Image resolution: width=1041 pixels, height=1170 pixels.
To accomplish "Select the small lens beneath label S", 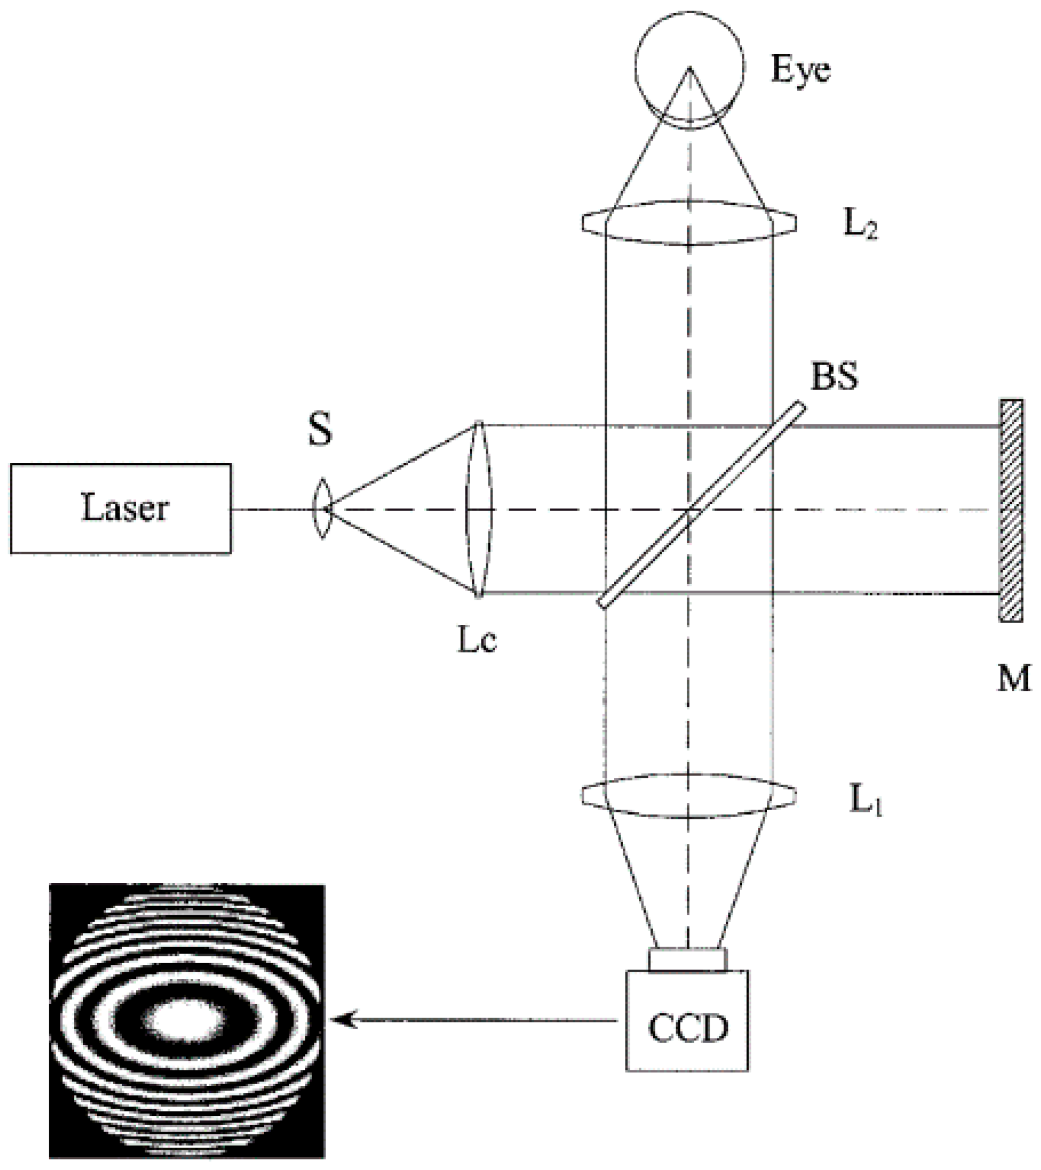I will [x=321, y=508].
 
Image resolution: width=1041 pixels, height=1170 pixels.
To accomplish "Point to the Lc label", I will [x=478, y=641].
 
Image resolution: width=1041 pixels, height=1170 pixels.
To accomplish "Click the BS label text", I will [x=835, y=377].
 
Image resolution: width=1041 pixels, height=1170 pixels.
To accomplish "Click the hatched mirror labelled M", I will [x=1011, y=509].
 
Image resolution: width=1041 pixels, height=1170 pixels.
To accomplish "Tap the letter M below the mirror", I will [x=1014, y=679].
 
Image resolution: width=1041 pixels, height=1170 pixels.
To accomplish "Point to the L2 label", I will [x=860, y=226].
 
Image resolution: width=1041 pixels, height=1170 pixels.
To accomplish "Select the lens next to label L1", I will [x=689, y=796].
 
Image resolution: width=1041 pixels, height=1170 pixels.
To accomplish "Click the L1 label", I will [x=865, y=801].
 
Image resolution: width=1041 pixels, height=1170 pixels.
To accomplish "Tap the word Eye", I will [x=801, y=70].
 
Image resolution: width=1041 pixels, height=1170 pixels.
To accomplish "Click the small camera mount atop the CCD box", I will [x=688, y=959].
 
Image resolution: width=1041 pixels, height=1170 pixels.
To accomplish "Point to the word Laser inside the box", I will [x=125, y=508].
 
